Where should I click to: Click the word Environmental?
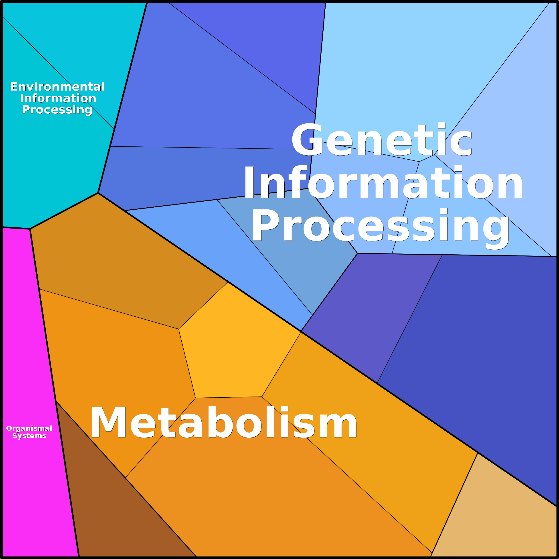tap(58, 87)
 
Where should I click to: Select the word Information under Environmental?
tap(58, 98)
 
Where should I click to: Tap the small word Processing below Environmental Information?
tap(57, 110)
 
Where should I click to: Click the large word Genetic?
tap(382, 140)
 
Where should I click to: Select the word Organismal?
tap(29, 429)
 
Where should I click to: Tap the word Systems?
tap(29, 436)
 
